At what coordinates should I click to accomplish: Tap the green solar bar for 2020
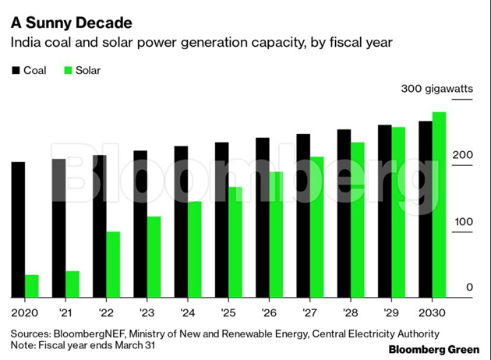31,286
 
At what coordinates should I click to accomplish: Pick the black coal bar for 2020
18,230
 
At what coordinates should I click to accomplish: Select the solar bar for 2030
439,205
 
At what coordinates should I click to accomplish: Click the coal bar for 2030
426,209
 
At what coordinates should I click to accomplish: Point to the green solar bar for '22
113,265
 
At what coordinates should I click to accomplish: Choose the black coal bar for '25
221,220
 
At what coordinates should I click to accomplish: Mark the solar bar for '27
316,227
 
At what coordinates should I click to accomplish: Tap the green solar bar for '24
194,249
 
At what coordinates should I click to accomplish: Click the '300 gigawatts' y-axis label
437,90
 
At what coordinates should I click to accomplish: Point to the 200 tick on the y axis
463,156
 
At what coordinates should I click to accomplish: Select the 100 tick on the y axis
463,222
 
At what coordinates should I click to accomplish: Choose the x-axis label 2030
431,312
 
